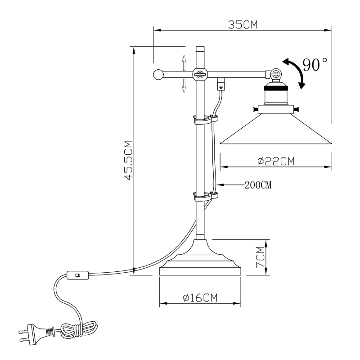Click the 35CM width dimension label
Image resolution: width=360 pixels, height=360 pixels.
coord(243,24)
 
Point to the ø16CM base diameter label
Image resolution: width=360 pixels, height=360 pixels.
coord(200,297)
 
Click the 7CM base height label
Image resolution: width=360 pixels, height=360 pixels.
coord(260,257)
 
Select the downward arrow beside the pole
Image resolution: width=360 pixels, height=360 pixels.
coord(184,85)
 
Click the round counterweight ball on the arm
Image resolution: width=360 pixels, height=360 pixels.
coord(158,75)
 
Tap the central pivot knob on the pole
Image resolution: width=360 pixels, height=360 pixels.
coord(199,74)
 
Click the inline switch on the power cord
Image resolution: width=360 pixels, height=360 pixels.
coord(77,274)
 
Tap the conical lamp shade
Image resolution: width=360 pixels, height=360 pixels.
coord(276,130)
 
